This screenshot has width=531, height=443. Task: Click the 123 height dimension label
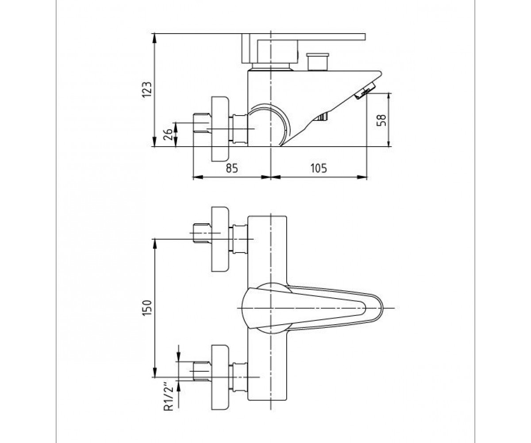point(147,89)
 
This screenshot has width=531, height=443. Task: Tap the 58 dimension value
point(381,120)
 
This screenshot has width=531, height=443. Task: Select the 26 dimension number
point(168,134)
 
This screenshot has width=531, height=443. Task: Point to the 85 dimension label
point(232,168)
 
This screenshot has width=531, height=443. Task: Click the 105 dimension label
point(319,168)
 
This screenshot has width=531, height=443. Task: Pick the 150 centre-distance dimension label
point(147,308)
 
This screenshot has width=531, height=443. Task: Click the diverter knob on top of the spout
point(318,62)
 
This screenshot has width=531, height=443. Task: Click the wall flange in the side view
point(220,129)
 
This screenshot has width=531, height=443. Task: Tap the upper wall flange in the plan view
point(220,239)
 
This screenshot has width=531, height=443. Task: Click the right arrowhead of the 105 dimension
point(362,177)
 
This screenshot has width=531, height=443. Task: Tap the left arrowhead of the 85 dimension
point(198,177)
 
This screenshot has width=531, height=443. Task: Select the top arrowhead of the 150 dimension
point(154,243)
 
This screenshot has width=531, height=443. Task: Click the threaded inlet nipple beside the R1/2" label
point(202,372)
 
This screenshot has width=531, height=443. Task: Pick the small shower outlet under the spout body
point(321,117)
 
